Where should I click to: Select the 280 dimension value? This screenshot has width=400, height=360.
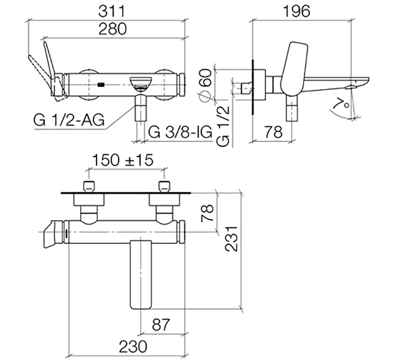click(x=113, y=29)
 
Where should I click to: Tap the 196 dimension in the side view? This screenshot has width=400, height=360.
click(x=297, y=11)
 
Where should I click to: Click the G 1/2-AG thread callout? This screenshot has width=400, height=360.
click(x=69, y=120)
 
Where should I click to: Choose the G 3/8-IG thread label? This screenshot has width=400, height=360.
click(x=180, y=132)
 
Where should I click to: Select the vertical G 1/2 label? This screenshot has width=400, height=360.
click(x=223, y=126)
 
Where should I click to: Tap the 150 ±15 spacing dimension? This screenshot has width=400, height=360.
click(x=123, y=160)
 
